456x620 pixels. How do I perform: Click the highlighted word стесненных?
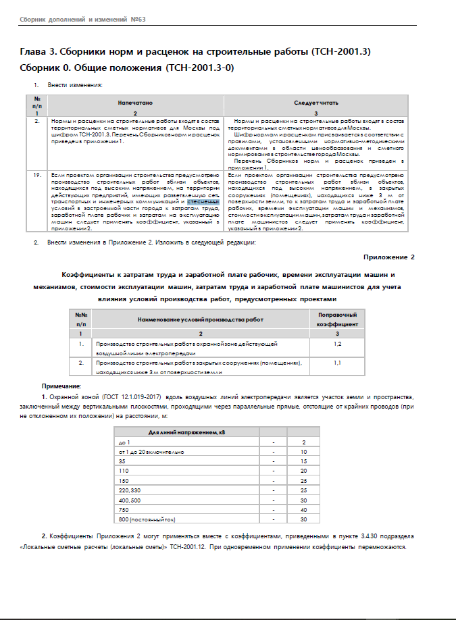pos(203,201)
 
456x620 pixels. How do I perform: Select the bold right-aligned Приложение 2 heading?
pos(388,257)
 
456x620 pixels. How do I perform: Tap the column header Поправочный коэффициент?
pos(337,319)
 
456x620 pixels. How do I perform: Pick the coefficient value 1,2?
pos(337,344)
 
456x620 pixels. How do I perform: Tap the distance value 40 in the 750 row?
pos(304,510)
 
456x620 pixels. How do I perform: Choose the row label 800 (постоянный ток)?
pos(147,519)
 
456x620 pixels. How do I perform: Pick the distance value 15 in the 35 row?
pos(304,460)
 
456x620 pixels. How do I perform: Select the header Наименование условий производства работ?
pos(201,319)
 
